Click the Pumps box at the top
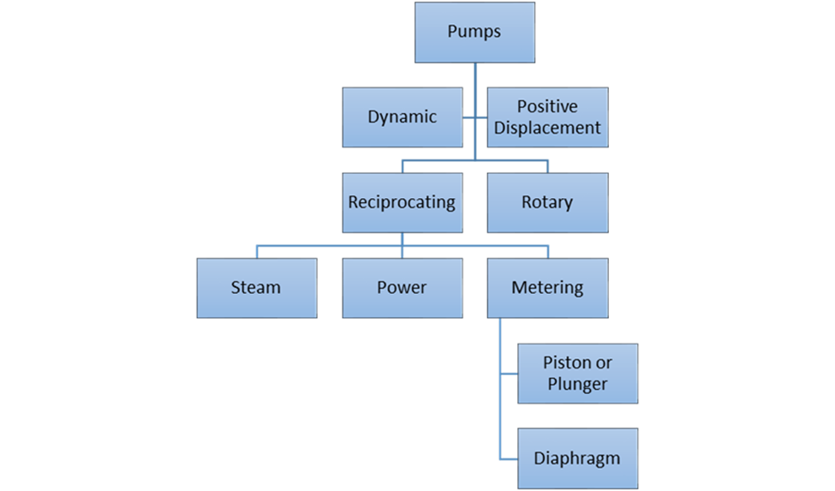[474, 32]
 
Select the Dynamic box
[403, 117]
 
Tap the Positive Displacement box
[547, 117]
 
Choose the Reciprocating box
[403, 203]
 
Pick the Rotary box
[547, 203]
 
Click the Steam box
[256, 288]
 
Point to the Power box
[403, 288]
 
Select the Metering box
[547, 288]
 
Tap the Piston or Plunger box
[578, 374]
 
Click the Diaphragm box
[578, 458]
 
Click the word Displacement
[547, 128]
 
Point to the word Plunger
[578, 384]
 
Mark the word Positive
[547, 107]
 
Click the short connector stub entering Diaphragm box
[509, 458]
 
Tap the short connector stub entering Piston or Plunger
[509, 374]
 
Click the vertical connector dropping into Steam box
[257, 252]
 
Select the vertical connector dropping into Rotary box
[548, 166]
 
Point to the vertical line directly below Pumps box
[475, 75]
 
